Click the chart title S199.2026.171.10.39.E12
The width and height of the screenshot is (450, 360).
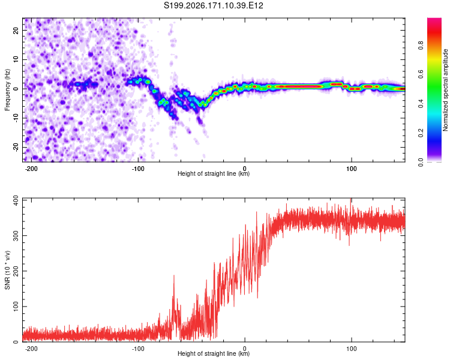coord(213,5)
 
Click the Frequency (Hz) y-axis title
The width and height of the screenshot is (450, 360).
coord(7,90)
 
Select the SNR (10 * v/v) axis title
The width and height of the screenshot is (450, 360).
coord(7,270)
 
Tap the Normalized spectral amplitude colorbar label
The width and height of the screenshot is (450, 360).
coord(445,90)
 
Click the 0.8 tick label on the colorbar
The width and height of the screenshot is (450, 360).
coord(421,46)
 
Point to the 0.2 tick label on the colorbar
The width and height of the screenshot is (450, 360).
coord(421,133)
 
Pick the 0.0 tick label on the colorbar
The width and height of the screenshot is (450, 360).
coord(421,162)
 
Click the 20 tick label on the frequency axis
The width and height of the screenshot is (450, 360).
coord(16,31)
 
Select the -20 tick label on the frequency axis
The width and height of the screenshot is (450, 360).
coord(16,148)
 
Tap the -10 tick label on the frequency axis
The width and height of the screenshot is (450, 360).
coord(16,118)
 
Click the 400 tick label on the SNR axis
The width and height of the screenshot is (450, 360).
coord(16,200)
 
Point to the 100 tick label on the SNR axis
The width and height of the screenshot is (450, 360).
coord(16,307)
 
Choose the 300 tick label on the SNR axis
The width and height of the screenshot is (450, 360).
coord(16,235)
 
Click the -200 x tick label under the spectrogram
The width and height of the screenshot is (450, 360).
coord(31,169)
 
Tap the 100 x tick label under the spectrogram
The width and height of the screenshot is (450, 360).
coord(351,169)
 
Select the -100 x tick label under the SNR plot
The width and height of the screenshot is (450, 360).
coord(138,349)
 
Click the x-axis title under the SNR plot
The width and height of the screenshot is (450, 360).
coord(214,353)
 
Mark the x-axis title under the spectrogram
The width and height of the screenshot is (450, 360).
coord(214,173)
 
